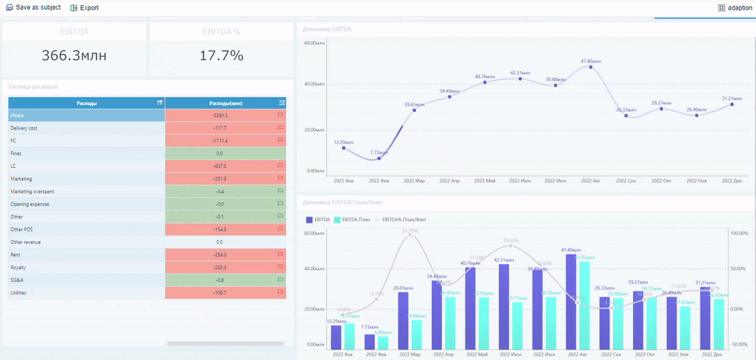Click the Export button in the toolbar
(x=84, y=7)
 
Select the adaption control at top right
(x=734, y=7)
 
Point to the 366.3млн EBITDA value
(x=73, y=55)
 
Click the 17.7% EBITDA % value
(x=221, y=55)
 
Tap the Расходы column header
(x=86, y=103)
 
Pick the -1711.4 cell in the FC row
(x=220, y=141)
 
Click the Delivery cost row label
(x=24, y=128)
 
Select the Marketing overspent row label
(x=31, y=191)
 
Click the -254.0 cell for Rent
(x=220, y=255)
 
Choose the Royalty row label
(x=19, y=268)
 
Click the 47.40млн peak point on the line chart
(x=591, y=67)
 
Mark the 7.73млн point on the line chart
(x=379, y=158)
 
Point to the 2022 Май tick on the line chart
(x=485, y=181)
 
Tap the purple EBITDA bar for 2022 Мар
(x=403, y=320)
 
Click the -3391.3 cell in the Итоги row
(x=220, y=115)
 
